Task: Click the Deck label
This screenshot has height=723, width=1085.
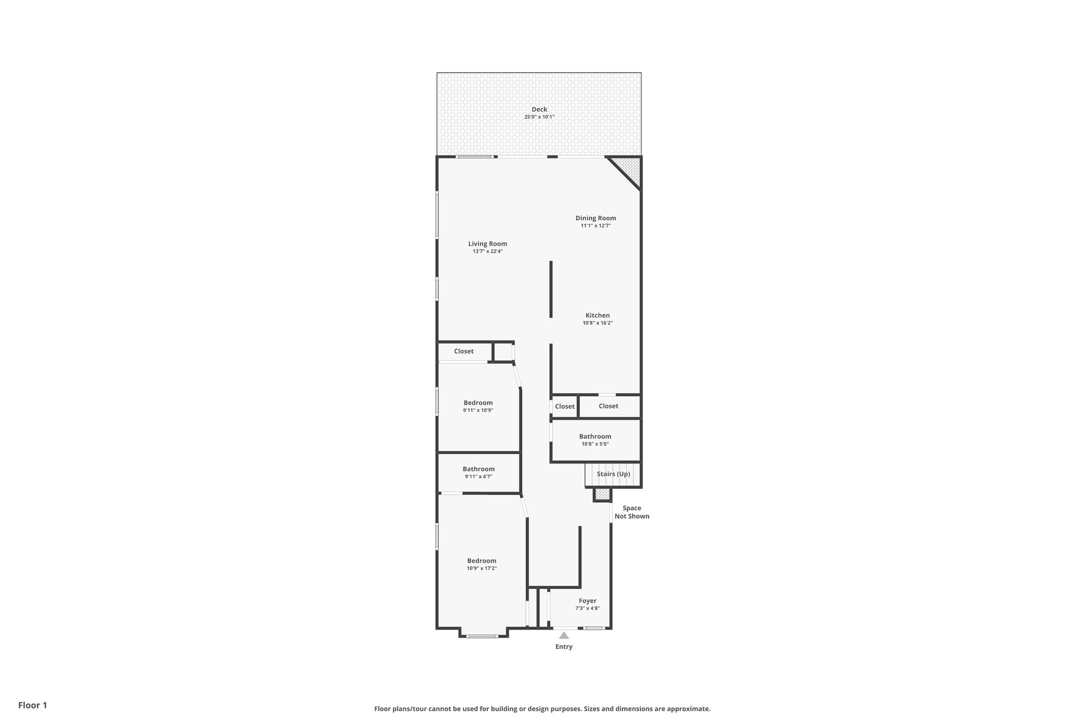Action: [x=539, y=110]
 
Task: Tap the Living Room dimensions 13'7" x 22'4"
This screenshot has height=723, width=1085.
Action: [x=487, y=252]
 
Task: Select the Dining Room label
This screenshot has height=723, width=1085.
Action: [x=595, y=218]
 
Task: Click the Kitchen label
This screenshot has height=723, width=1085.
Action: [x=597, y=316]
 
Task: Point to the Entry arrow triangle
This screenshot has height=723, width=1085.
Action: [x=564, y=636]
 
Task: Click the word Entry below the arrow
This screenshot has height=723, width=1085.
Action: [x=564, y=647]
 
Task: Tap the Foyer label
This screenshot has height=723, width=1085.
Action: [x=587, y=601]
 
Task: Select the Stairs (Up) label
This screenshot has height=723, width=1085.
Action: [x=613, y=474]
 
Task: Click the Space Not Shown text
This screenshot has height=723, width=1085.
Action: [x=632, y=512]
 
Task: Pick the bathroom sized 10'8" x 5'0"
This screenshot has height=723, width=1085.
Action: [x=595, y=440]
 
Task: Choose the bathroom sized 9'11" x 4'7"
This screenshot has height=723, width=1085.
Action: [x=478, y=472]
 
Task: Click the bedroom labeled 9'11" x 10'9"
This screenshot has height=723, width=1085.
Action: [x=478, y=406]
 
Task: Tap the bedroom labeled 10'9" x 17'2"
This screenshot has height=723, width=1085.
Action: [x=482, y=564]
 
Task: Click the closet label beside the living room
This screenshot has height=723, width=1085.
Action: [x=464, y=351]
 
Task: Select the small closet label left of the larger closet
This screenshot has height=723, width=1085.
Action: [x=564, y=406]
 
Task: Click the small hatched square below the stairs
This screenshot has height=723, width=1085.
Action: [x=602, y=494]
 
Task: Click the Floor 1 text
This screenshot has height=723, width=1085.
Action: [x=32, y=705]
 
